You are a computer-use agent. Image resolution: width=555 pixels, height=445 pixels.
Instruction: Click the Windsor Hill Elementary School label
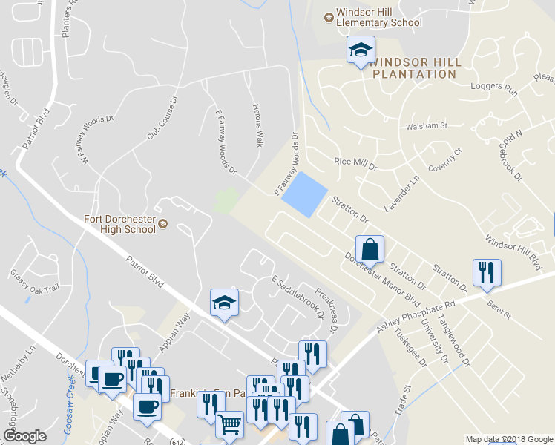pos(378,17)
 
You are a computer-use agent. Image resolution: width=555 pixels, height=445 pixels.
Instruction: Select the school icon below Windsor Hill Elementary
pos(361,50)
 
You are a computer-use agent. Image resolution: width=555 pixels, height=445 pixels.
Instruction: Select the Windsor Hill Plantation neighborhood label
pos(414,68)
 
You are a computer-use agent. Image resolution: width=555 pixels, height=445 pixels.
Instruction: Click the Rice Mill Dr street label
pos(356,164)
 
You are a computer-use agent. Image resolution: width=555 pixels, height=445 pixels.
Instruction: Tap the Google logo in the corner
pos(24,436)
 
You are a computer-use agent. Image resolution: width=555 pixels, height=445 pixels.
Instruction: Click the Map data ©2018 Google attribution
pos(509,439)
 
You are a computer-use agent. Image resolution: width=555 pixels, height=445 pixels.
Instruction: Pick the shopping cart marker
pos(230,424)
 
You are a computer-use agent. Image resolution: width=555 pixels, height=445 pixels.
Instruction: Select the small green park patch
pos(226,199)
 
